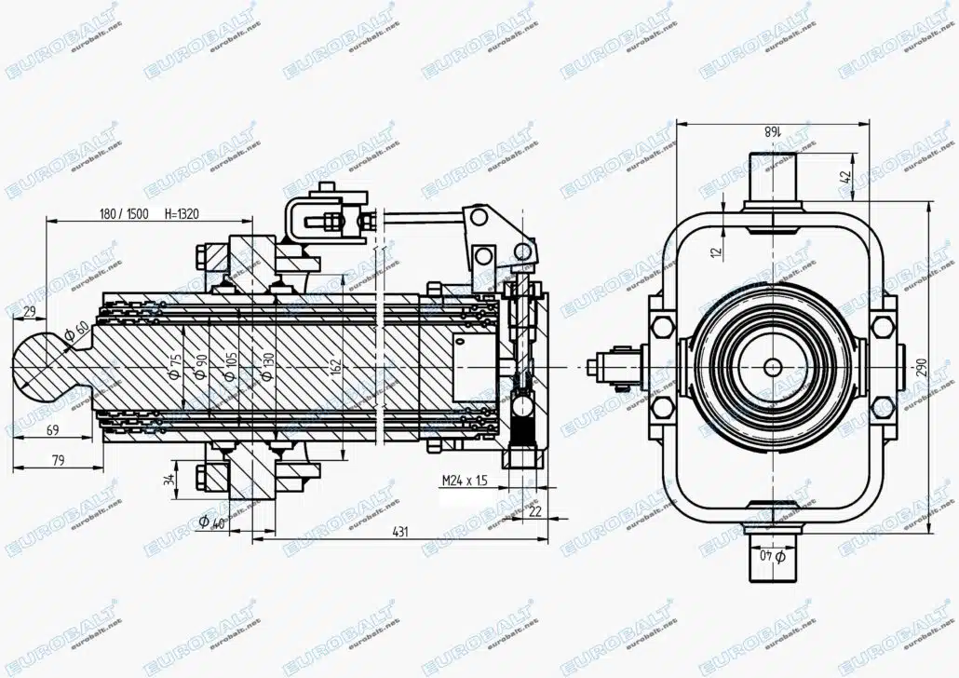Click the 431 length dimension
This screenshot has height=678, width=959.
pyautogui.click(x=400, y=532)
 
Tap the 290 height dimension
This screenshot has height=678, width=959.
pyautogui.click(x=922, y=368)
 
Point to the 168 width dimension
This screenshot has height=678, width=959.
pyautogui.click(x=772, y=131)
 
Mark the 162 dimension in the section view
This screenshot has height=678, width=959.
pyautogui.click(x=334, y=365)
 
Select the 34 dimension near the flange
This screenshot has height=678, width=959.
pyautogui.click(x=168, y=479)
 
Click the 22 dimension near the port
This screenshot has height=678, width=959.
pyautogui.click(x=534, y=511)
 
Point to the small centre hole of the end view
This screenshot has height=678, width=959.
pyautogui.click(x=773, y=367)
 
